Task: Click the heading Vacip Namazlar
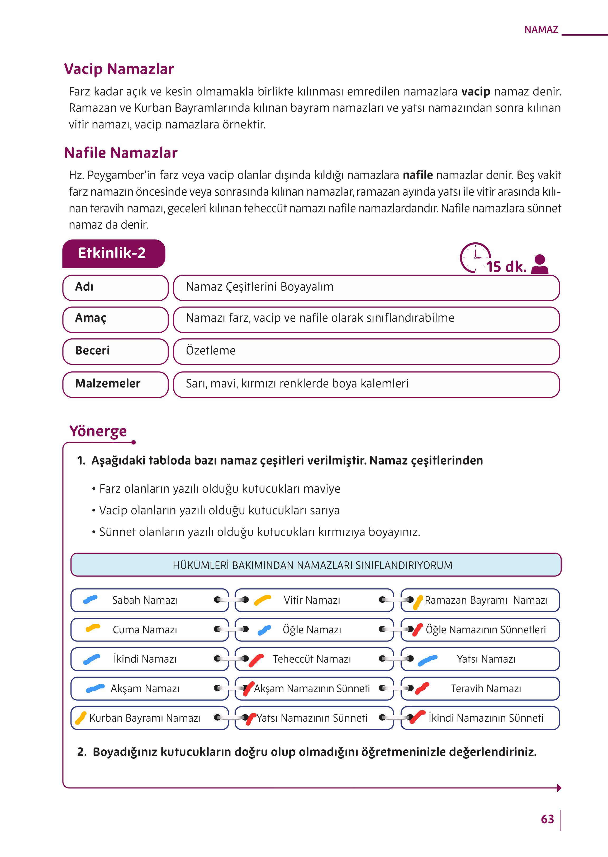coord(119,69)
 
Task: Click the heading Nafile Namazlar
coord(121,153)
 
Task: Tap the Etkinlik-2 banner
coord(112,253)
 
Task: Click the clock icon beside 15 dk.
coord(475,257)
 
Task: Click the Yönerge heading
coord(98,431)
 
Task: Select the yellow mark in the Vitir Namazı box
coord(262,600)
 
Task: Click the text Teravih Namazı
coord(486,689)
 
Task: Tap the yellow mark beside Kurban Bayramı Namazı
coord(80,718)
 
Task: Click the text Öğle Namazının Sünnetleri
coord(486,630)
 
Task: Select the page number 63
coord(547,819)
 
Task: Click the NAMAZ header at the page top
coord(541,30)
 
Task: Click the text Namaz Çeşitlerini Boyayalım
coord(259,287)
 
